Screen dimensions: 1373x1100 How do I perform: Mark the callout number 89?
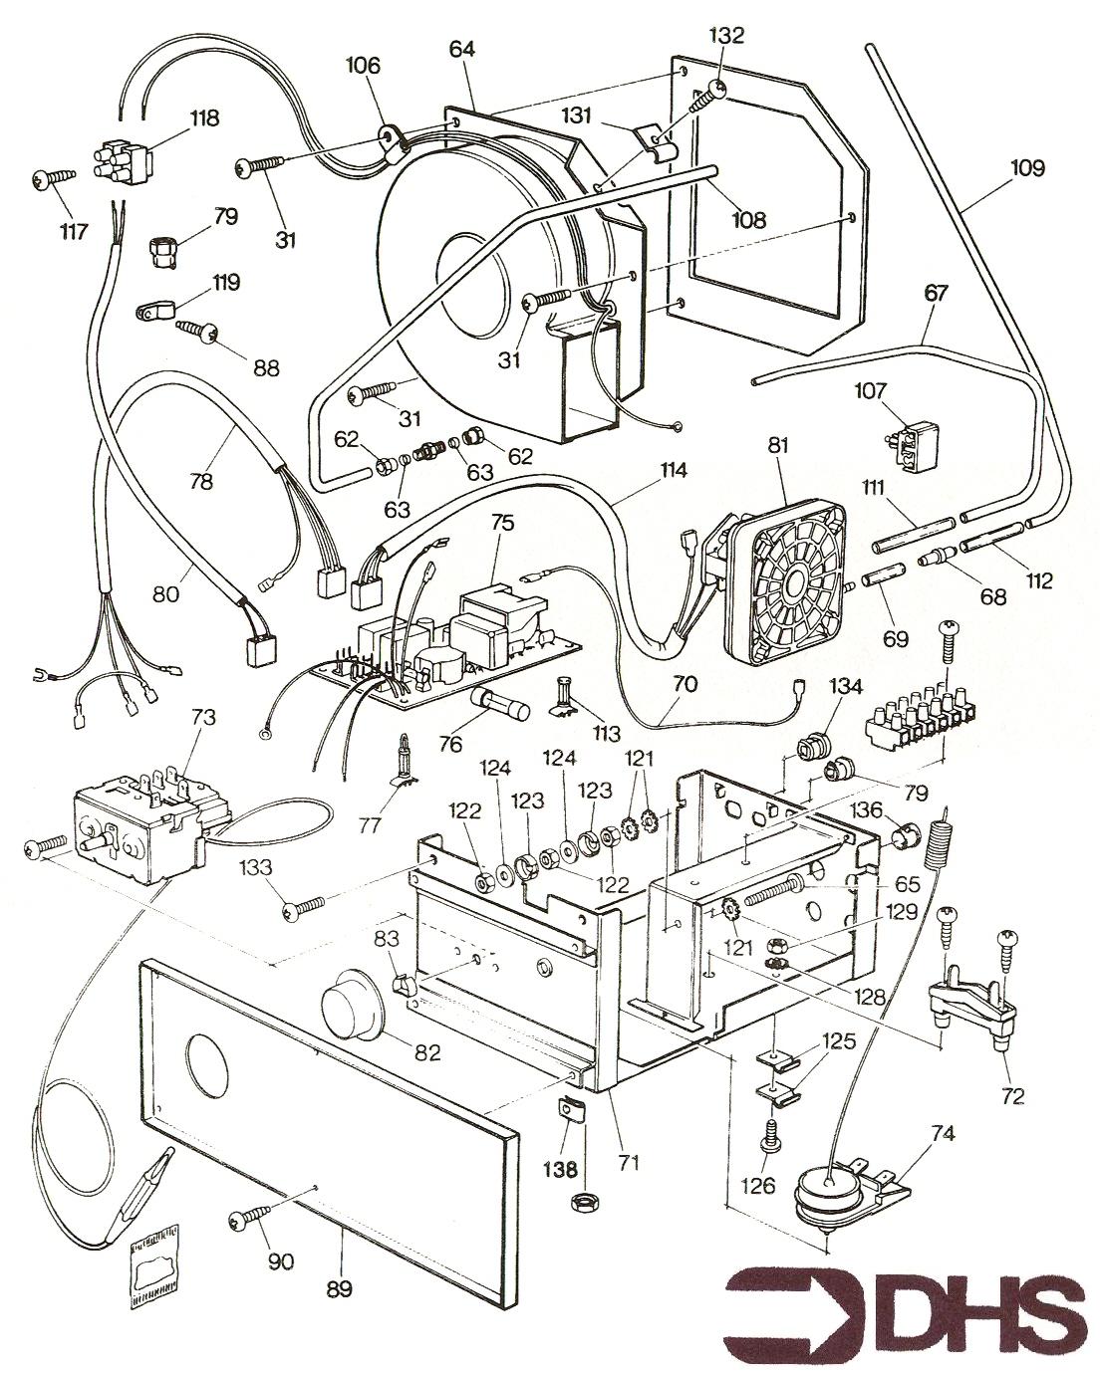coord(340,1288)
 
